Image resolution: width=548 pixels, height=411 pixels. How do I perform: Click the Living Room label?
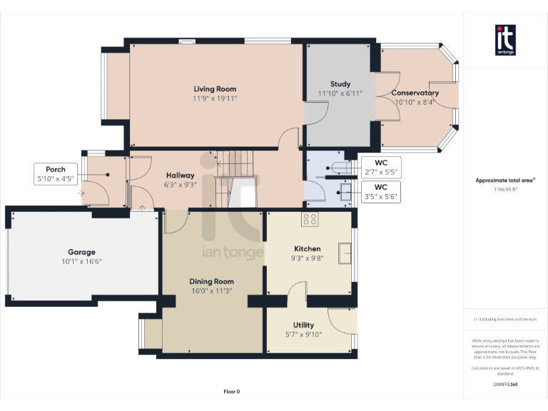215,89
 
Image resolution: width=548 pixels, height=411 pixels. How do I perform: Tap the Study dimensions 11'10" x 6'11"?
340,93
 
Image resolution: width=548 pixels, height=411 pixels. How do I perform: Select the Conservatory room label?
415,93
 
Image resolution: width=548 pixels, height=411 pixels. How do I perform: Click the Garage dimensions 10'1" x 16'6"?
81,262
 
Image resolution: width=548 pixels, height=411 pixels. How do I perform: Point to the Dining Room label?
211,281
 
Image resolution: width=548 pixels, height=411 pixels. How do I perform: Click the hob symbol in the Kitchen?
310,219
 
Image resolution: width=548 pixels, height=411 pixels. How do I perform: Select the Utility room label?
303,325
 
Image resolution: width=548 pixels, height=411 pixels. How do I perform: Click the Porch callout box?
56,174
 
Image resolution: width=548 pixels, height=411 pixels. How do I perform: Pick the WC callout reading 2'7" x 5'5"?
381,167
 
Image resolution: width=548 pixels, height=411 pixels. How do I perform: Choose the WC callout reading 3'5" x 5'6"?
381,191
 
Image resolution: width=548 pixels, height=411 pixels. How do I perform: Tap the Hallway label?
180,175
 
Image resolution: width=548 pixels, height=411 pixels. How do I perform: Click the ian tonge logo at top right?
505,40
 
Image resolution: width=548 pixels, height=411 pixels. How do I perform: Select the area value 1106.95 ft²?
504,190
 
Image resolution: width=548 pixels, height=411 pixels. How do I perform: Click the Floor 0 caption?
232,392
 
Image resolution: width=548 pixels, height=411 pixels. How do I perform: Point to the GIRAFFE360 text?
504,385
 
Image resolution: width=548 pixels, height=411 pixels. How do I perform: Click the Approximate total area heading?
504,181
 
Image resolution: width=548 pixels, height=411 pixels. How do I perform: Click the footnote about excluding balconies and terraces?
504,319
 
